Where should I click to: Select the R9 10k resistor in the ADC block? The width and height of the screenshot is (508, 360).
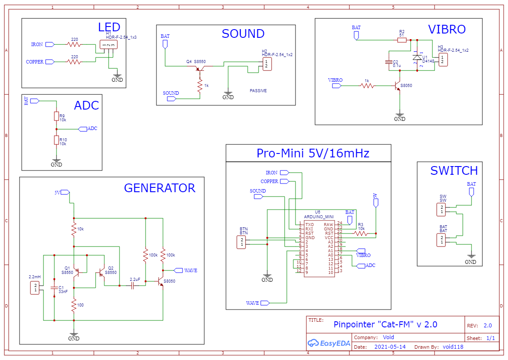56,116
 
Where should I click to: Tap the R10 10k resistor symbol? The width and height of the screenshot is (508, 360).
56,140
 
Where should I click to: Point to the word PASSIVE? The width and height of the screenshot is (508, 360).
258,91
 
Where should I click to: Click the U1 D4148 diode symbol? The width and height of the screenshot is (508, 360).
417,57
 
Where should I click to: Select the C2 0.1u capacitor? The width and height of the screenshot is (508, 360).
389,63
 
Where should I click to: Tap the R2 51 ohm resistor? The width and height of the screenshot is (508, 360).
402,40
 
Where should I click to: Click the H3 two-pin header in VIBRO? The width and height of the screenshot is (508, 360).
442,60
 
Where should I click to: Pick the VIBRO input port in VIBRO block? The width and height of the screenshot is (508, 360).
337,86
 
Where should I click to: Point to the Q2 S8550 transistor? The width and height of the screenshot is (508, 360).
103,273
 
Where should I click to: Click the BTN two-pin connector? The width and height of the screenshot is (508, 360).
241,242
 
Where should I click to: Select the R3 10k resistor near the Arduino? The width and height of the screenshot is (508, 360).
361,233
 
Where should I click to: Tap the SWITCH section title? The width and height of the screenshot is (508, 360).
454,170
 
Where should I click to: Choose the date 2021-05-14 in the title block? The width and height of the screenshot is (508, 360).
390,347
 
